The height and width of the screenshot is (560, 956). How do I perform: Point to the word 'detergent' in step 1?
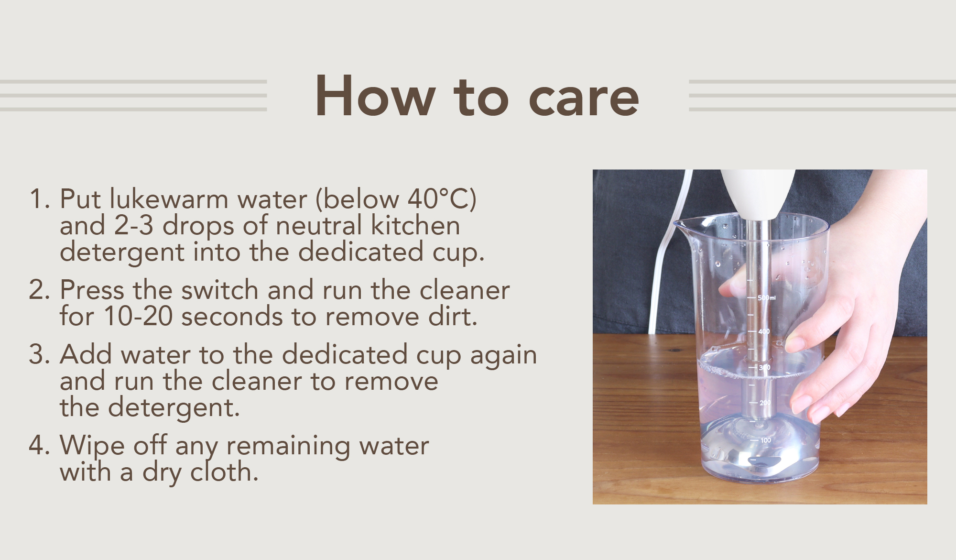(122, 252)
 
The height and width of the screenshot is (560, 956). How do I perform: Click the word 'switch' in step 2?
(220, 290)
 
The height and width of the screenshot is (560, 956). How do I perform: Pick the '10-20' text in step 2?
(138, 317)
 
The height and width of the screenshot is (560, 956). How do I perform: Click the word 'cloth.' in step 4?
(224, 472)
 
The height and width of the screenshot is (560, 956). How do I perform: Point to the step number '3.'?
(40, 355)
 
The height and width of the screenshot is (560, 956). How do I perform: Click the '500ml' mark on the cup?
(766, 298)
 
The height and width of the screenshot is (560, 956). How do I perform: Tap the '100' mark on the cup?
(765, 440)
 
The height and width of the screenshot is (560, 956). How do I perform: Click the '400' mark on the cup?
(764, 331)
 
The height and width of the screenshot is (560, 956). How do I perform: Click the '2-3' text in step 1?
(134, 226)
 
